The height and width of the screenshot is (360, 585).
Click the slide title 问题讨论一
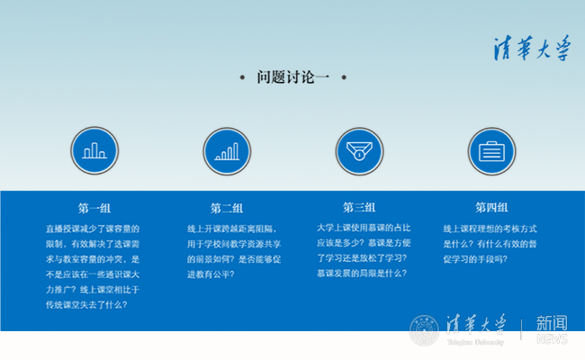pyautogui.click(x=292, y=77)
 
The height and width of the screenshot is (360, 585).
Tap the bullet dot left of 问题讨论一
pyautogui.click(x=242, y=78)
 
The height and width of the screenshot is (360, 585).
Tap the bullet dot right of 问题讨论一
pyautogui.click(x=344, y=78)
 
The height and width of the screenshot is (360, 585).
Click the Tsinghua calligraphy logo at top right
pyautogui.click(x=531, y=48)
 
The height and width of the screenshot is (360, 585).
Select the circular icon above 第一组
pyautogui.click(x=94, y=150)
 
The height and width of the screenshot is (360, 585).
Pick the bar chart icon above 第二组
pyautogui.click(x=227, y=150)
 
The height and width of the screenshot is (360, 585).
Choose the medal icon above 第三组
pyautogui.click(x=359, y=150)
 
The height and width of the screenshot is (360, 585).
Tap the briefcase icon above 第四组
pyautogui.click(x=491, y=150)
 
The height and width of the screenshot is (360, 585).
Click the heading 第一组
pyautogui.click(x=94, y=207)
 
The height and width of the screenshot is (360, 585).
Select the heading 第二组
pyautogui.click(x=227, y=207)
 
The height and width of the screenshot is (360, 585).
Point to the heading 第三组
pyautogui.click(x=359, y=207)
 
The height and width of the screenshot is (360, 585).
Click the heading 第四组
pyautogui.click(x=491, y=207)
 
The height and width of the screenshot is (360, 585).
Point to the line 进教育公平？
pyautogui.click(x=211, y=274)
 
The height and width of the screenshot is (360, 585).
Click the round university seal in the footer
pyautogui.click(x=423, y=330)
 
